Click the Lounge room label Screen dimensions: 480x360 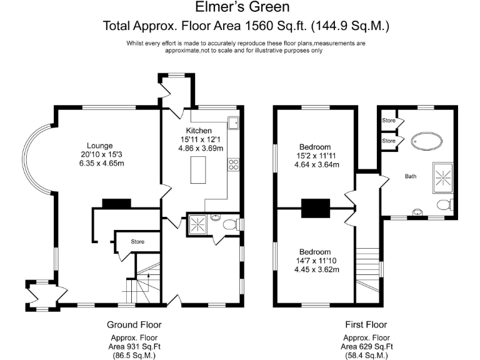coord(100,146)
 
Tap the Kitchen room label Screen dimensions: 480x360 coord(199,131)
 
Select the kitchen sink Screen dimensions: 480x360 coord(233,122)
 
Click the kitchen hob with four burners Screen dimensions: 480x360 coord(233,164)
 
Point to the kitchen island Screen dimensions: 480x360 coord(198,170)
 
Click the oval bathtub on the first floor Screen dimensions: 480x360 coord(426,142)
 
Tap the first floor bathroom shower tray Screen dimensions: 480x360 coord(442,178)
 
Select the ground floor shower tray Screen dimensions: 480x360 coord(197,224)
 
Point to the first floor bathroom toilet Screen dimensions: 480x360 coord(444,205)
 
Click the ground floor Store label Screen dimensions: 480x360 coord(137,241)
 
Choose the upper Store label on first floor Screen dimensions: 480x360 coord(389,120)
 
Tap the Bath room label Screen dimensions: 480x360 coord(411,176)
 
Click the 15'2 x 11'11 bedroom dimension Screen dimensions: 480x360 coord(316,156)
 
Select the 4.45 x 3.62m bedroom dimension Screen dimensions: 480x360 coord(316,270)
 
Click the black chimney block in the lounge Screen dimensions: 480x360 coord(116,203)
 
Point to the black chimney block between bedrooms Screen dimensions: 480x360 coord(315,208)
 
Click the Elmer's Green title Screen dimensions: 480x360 coord(242,7)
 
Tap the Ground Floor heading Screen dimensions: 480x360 coord(134,324)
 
